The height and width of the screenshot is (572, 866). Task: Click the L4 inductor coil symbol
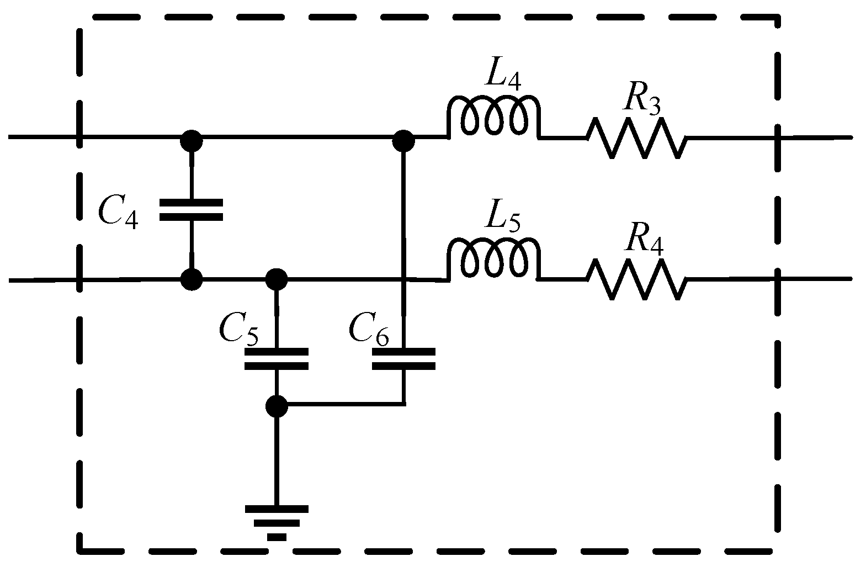click(492, 118)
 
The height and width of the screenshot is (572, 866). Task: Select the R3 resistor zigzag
click(636, 137)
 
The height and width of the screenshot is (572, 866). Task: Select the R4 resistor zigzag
click(636, 279)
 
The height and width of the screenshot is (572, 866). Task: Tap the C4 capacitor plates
click(191, 210)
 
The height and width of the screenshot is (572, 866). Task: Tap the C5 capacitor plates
click(276, 358)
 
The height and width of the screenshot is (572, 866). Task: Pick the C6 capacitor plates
click(403, 358)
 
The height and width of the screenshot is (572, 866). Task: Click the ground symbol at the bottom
click(276, 521)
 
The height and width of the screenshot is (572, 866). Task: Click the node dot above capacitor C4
click(191, 141)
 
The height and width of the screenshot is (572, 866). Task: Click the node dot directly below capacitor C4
click(191, 279)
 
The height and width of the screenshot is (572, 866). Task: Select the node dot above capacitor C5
click(276, 279)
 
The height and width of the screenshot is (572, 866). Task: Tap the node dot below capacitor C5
click(276, 406)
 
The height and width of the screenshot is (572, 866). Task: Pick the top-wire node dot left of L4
click(403, 141)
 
